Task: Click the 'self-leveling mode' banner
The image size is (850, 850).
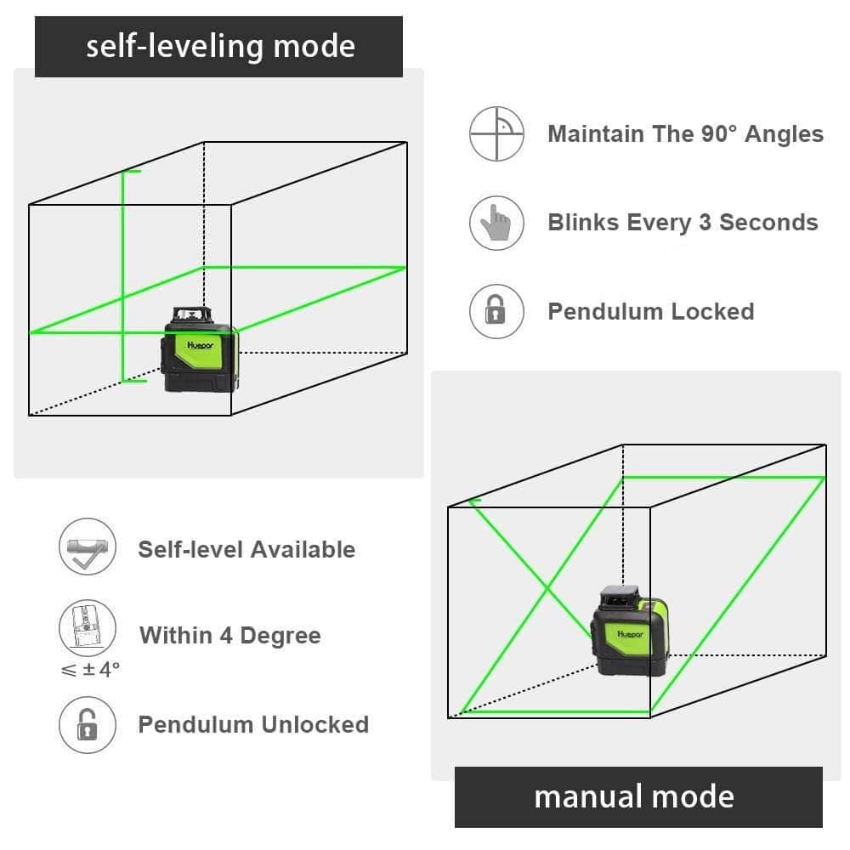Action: tap(218, 46)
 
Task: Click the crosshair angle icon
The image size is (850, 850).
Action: tap(496, 133)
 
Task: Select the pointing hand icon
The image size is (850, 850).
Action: tap(496, 223)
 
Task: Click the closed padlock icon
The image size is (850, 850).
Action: tap(496, 311)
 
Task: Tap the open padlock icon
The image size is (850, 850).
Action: tap(86, 724)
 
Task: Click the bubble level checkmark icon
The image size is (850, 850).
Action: tap(86, 548)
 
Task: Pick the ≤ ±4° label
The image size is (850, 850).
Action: tap(90, 669)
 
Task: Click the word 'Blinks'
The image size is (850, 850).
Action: tap(583, 223)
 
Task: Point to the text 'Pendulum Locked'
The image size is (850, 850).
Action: tap(650, 311)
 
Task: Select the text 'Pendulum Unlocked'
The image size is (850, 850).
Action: tap(253, 724)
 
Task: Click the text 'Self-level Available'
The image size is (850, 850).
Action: tap(246, 549)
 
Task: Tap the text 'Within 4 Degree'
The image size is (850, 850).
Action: tap(230, 635)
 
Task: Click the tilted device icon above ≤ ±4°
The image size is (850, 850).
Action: tap(86, 628)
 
